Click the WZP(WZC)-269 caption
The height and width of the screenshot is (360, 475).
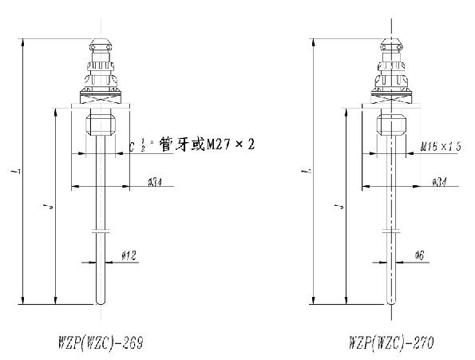99,342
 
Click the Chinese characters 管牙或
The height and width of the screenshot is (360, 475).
183,144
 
